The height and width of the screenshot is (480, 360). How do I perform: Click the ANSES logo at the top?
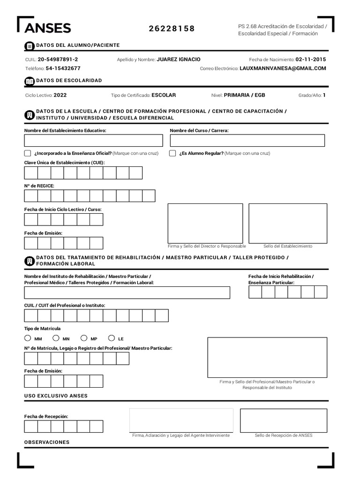coord(47,28)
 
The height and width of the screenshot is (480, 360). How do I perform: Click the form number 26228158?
coord(172,29)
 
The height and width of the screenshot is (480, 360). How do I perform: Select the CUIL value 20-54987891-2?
coord(58,60)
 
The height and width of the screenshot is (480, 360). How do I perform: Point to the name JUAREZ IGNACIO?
coord(178,60)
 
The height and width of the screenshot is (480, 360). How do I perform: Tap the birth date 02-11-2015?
coord(310,60)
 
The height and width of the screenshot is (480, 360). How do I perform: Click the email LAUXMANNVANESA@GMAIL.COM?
coord(282,68)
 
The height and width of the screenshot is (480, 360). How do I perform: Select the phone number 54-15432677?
coord(63,68)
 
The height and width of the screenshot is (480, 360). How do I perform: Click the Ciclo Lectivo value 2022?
coord(60,95)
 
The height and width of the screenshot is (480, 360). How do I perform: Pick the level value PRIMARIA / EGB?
coord(244,95)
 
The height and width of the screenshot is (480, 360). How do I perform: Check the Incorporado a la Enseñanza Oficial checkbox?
coord(28,153)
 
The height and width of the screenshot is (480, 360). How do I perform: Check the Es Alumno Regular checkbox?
coord(172,153)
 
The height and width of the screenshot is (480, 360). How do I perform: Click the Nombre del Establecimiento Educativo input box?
coord(93,141)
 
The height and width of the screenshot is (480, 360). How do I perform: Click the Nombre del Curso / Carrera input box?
coord(247,141)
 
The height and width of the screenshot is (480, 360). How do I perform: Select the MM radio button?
coord(28,338)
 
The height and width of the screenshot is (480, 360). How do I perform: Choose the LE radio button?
coord(112,338)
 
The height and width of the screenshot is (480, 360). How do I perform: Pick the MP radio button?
coord(84,338)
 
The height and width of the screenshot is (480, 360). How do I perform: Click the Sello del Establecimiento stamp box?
coord(287,223)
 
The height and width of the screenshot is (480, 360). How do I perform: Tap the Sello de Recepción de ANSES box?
coord(283,420)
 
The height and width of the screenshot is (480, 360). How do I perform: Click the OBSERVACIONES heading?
coord(47,442)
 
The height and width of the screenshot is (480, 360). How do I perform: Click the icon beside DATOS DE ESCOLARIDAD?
coord(29,81)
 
